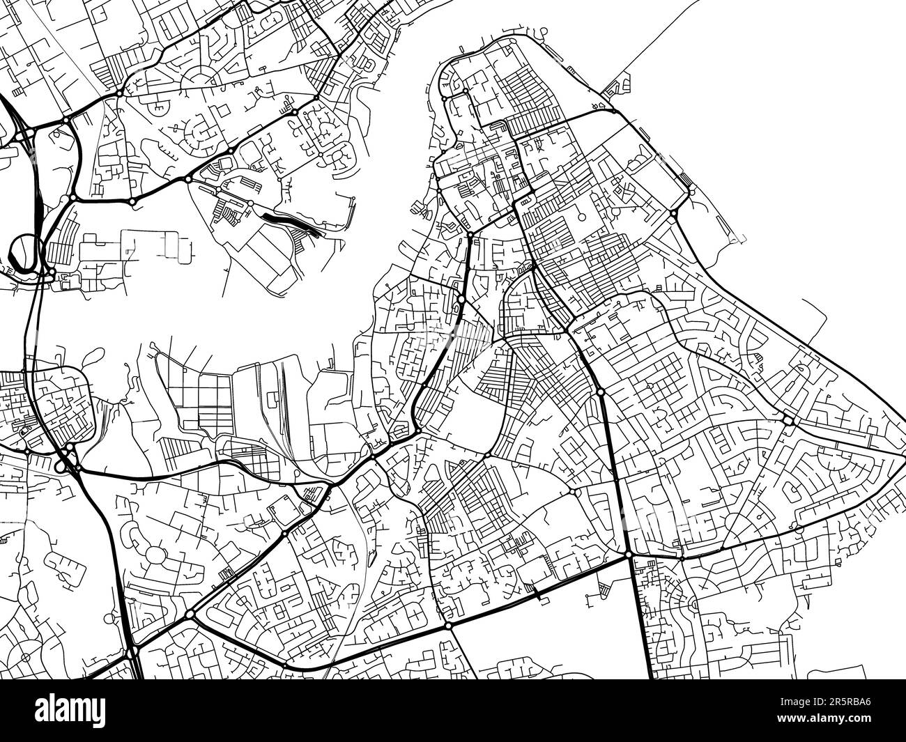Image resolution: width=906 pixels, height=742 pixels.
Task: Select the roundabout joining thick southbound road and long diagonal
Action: point(629,555)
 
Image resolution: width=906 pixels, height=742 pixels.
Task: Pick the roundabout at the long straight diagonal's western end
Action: point(448,626)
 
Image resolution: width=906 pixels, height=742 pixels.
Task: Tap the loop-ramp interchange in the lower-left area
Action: point(66,460)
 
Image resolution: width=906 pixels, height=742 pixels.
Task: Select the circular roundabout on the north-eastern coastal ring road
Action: point(673,212)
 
